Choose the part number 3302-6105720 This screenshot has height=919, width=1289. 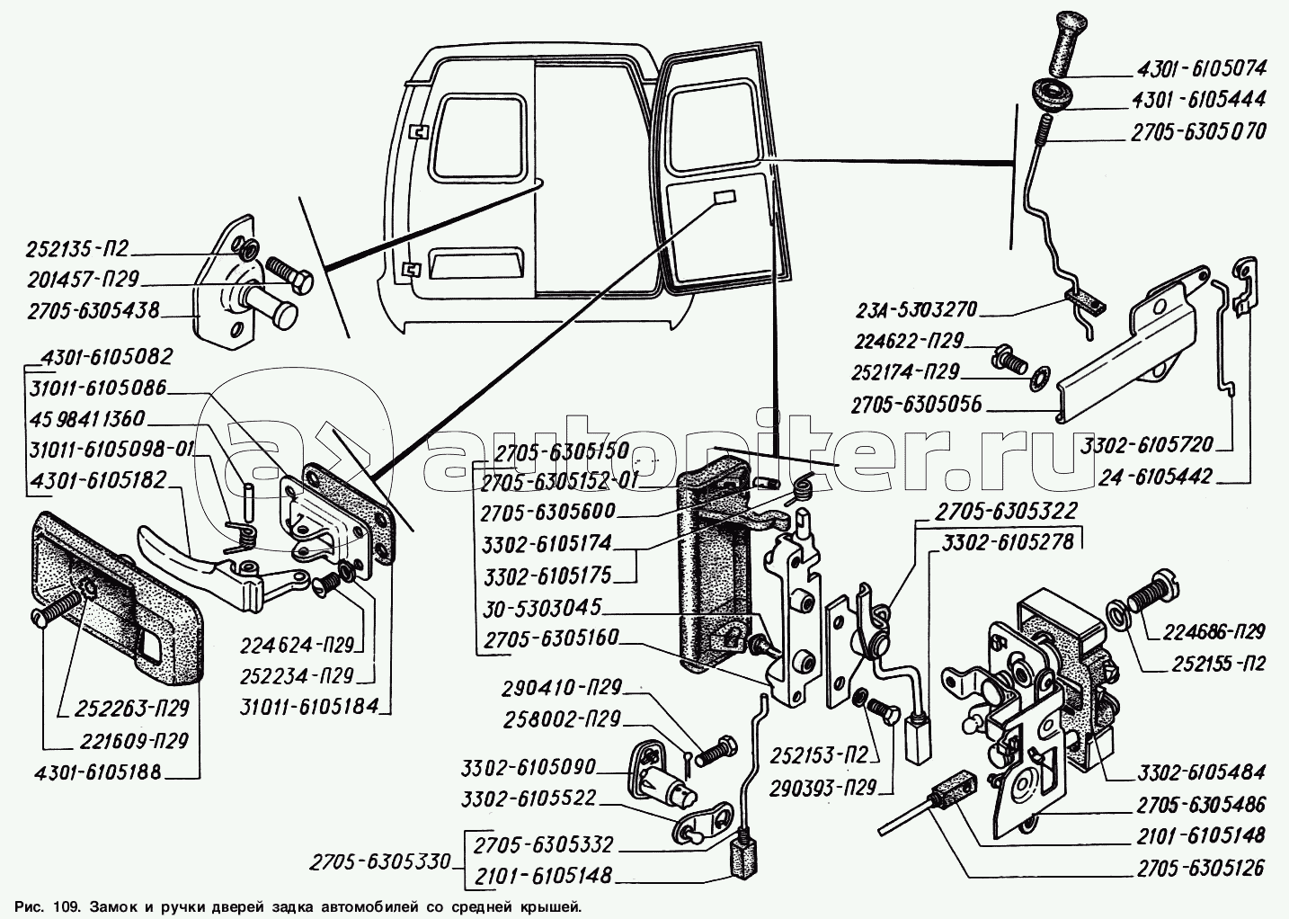click(1148, 444)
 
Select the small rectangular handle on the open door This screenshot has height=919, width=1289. click(723, 198)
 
